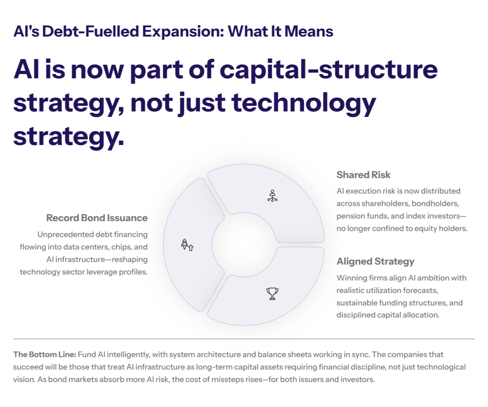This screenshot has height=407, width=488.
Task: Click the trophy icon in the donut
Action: coord(272,293)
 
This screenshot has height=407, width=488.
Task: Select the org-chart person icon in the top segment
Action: coord(272,196)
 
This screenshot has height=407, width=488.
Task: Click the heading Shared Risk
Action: coord(363,175)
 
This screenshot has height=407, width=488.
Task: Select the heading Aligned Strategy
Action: coord(375,261)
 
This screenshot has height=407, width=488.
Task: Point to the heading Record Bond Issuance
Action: coord(97,218)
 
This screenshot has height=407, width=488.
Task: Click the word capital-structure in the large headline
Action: coord(329,70)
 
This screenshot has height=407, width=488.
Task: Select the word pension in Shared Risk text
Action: coord(349,216)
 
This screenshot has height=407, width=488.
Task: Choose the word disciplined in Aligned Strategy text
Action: coord(357,315)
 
